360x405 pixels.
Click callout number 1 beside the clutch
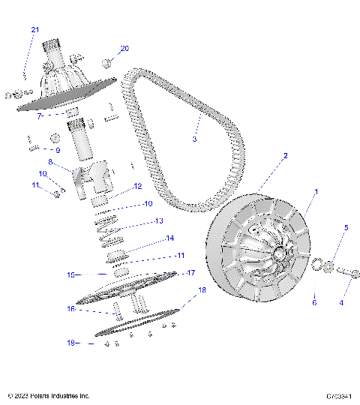coord(316,192)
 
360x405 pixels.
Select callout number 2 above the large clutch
coord(285,157)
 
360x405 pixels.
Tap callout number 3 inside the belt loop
coord(194,139)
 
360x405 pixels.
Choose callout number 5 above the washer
coord(346,227)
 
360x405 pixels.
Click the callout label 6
coord(314,303)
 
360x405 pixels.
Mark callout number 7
coord(39,116)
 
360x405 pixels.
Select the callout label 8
coord(50,161)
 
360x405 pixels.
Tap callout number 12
coord(136,187)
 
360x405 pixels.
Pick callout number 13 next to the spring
coord(158,221)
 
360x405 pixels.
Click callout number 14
coord(169,238)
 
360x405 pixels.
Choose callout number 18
coord(201,289)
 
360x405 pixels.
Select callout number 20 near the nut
coord(124,48)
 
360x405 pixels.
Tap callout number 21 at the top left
coord(34,29)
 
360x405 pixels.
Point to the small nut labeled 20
coord(108,63)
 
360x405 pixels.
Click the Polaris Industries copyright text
coord(48,395)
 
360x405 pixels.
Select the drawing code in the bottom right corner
coord(340,395)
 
